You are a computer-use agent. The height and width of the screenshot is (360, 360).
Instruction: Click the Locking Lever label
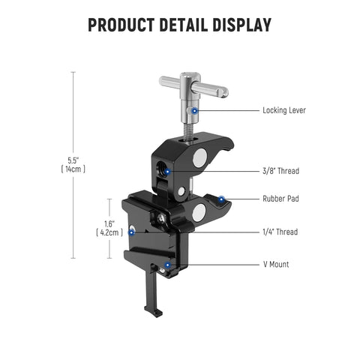point(283,110)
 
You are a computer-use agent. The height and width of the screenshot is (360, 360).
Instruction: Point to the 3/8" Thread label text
point(280,171)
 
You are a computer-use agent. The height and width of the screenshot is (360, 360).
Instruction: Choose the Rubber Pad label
point(280,199)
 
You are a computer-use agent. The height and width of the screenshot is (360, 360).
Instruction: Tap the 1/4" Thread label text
point(280,232)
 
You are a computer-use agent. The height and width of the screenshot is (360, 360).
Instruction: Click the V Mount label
point(275,264)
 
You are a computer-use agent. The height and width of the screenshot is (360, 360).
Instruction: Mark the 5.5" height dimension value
point(73,160)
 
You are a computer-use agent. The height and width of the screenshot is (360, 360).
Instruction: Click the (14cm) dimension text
point(73,170)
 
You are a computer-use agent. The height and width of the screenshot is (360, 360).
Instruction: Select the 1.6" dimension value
point(110,223)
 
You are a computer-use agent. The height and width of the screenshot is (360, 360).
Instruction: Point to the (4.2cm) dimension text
point(110,232)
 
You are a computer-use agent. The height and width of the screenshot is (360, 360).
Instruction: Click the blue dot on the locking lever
point(195,110)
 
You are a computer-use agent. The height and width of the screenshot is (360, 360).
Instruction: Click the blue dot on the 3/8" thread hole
point(167,171)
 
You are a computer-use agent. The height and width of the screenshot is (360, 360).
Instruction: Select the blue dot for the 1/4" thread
point(133,231)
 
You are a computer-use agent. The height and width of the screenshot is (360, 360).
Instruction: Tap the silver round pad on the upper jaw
point(199,158)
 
